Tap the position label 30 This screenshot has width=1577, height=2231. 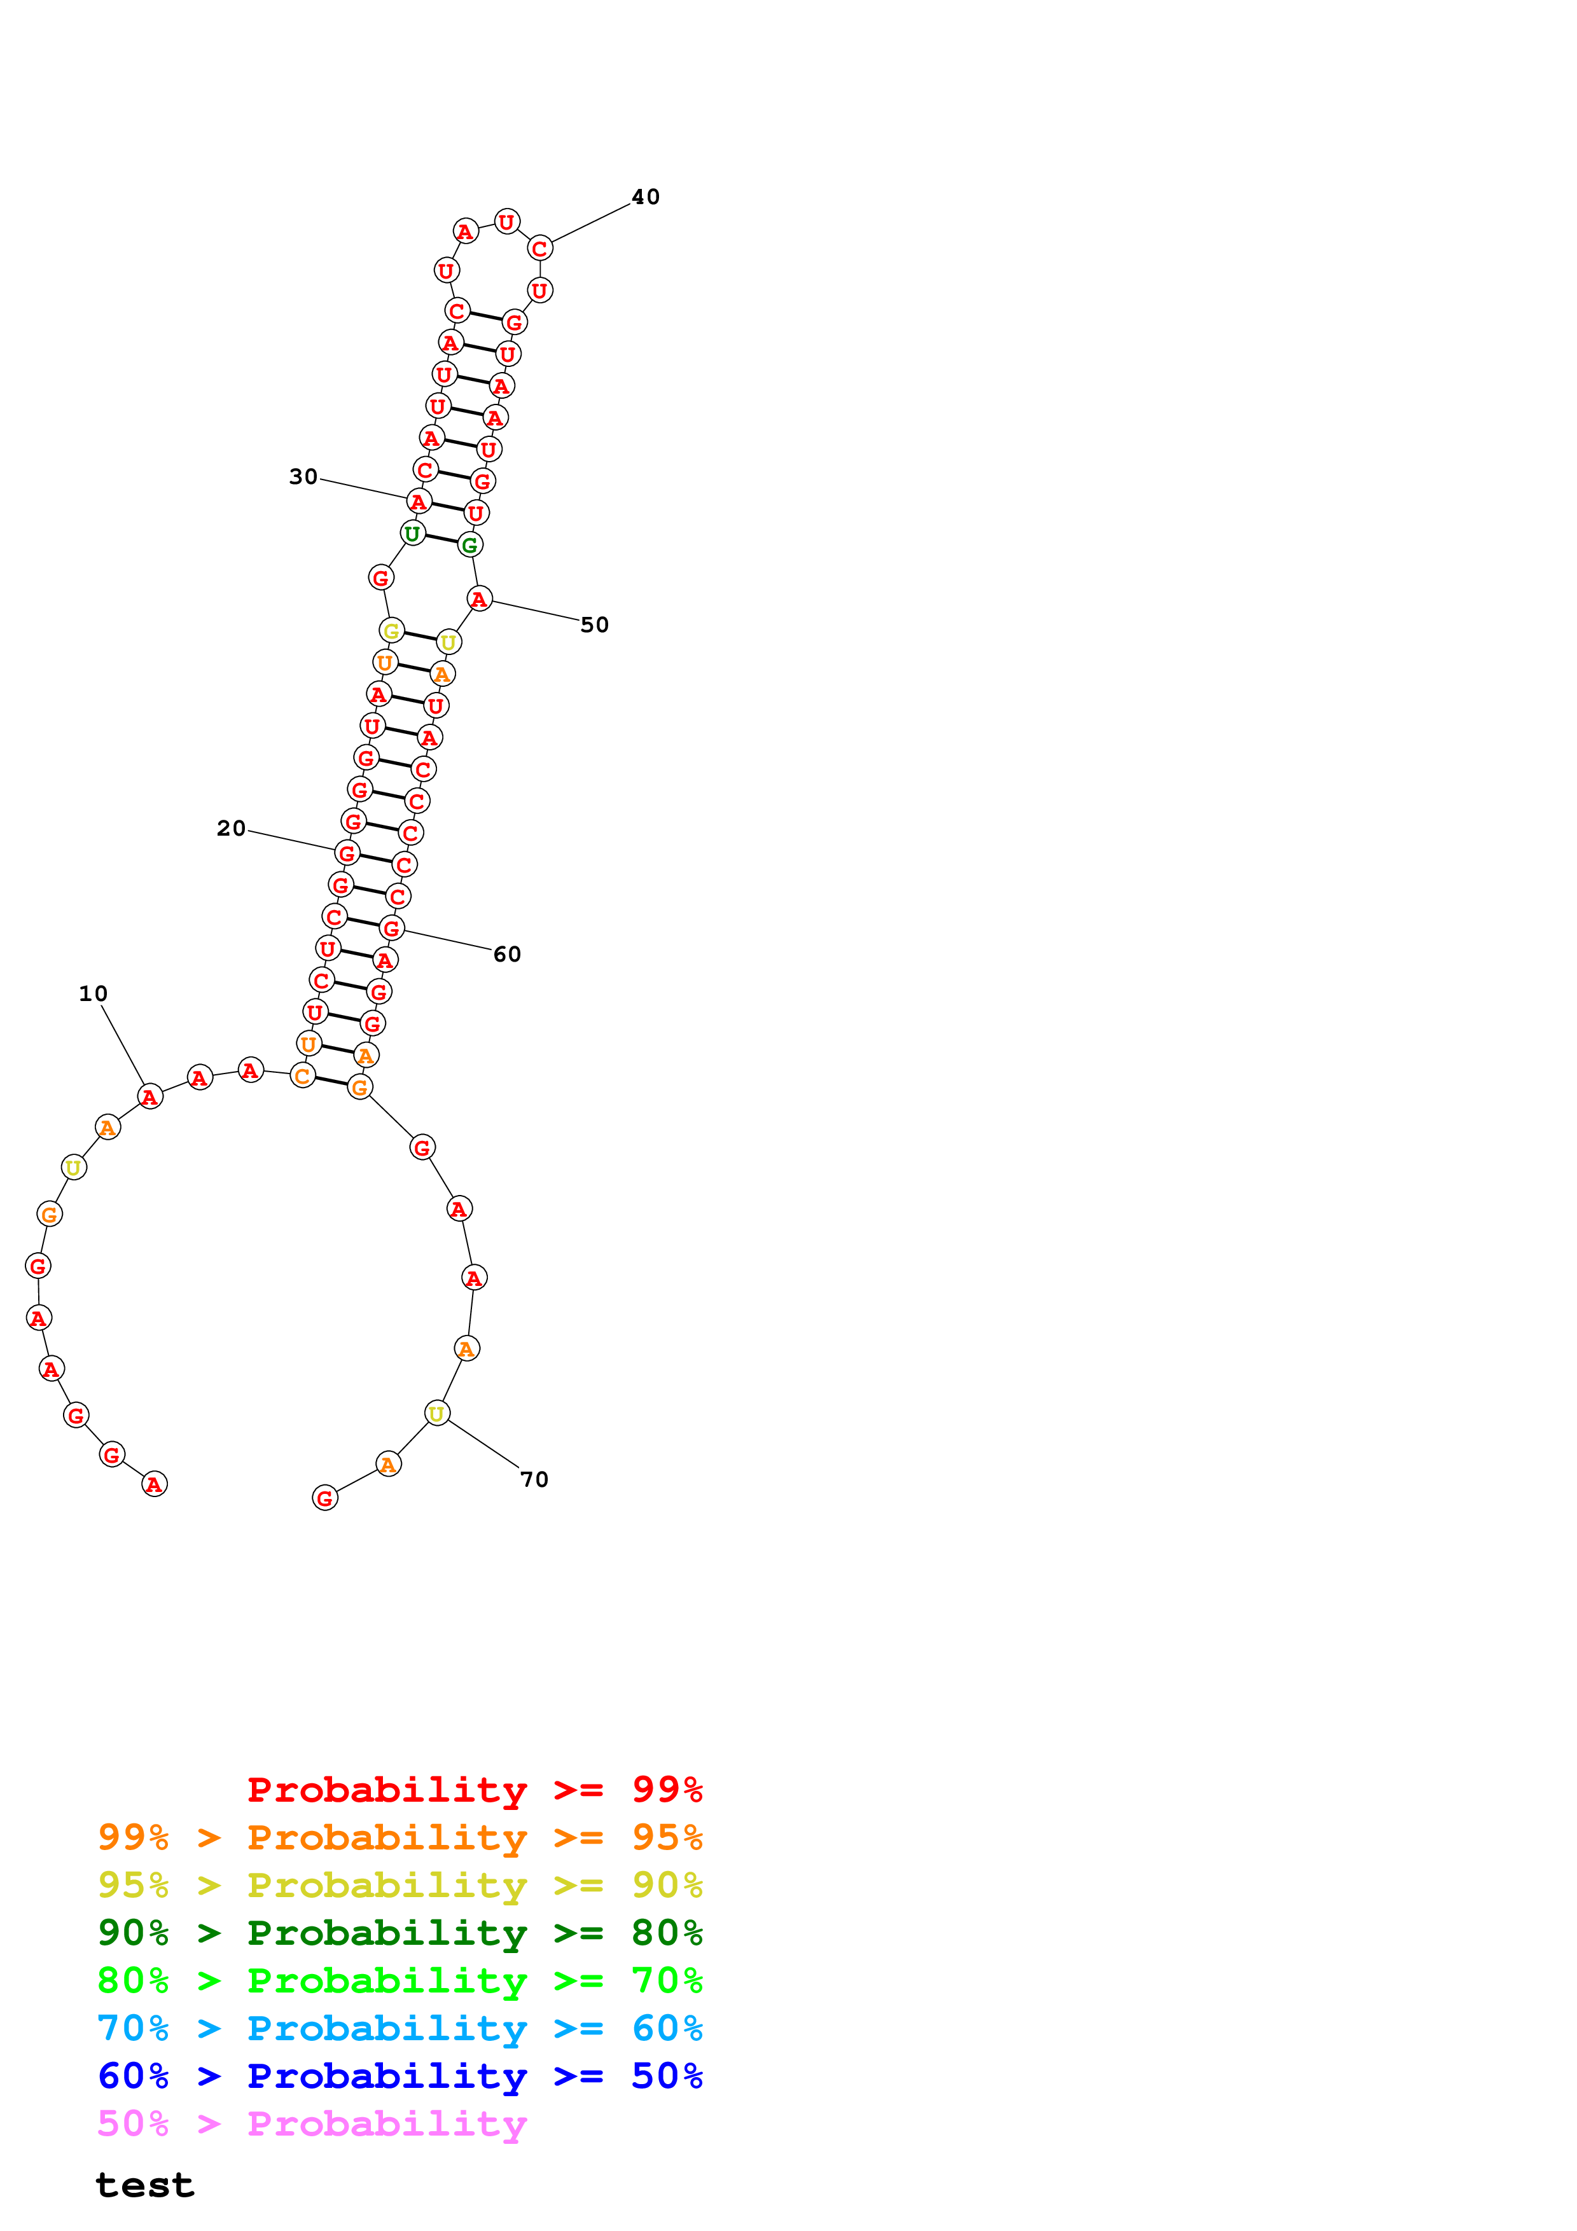pos(303,477)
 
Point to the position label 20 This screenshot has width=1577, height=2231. pos(232,828)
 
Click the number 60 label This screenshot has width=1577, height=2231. pos(506,954)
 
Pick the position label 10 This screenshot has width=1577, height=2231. pos(94,993)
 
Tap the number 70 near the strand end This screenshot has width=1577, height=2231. pos(534,1479)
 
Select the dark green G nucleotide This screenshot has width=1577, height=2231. pos(470,544)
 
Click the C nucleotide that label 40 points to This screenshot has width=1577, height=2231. pos(540,248)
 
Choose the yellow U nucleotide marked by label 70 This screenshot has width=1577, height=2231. pos(437,1413)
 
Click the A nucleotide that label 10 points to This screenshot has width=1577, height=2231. pos(149,1097)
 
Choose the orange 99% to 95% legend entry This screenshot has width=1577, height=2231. pos(399,1837)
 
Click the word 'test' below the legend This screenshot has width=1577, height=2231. pos(145,2185)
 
